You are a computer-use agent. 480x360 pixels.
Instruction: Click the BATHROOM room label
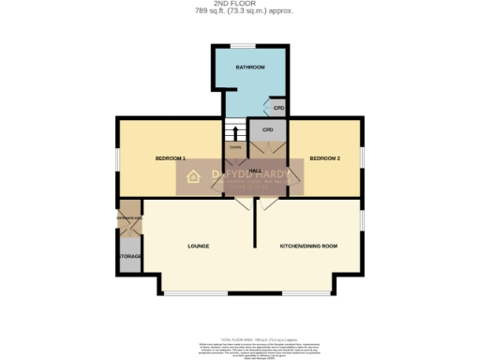[x=249, y=68]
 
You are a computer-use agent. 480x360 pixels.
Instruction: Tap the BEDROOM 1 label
[x=170, y=158]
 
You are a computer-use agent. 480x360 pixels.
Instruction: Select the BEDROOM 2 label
[x=324, y=158]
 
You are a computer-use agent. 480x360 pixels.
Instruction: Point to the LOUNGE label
[x=198, y=246]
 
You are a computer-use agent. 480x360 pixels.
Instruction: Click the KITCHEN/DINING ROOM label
[x=308, y=246]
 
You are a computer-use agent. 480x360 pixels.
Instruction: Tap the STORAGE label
[x=129, y=255]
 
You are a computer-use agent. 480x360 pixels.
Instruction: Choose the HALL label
[x=254, y=170]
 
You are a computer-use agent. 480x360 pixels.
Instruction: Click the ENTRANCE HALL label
[x=129, y=218]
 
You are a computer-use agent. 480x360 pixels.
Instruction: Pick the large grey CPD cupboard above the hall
[x=268, y=129]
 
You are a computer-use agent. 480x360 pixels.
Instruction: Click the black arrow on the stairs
[x=235, y=131]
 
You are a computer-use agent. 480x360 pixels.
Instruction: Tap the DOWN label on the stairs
[x=235, y=147]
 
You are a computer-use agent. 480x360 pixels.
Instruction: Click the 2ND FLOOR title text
[x=241, y=4]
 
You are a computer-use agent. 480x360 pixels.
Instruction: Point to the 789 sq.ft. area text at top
[x=241, y=11]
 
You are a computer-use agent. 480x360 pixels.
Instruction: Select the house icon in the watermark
[x=194, y=175]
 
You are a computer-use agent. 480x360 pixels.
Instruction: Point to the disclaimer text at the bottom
[x=241, y=347]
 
